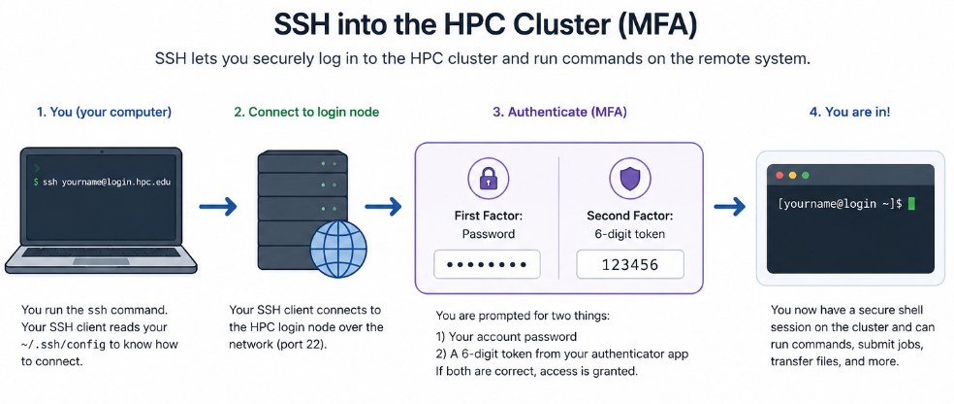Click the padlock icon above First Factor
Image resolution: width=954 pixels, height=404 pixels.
[488, 178]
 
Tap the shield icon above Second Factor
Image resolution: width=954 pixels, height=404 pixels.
[630, 178]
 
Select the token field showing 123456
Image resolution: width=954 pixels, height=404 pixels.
[630, 265]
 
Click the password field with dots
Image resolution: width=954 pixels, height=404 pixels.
[487, 265]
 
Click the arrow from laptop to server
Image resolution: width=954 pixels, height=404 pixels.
[218, 207]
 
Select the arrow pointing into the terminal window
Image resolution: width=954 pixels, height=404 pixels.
[729, 207]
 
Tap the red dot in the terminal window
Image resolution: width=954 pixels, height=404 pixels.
[780, 176]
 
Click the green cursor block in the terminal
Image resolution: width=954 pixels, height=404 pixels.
[911, 204]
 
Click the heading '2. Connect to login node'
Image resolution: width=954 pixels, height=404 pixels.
[306, 112]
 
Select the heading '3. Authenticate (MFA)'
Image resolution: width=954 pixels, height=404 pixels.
[559, 112]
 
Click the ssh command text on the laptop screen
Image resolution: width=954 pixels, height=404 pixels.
[104, 182]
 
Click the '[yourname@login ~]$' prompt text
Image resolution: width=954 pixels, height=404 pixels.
[841, 205]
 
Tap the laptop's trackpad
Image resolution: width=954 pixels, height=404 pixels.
[101, 261]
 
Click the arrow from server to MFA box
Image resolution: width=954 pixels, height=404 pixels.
[384, 207]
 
